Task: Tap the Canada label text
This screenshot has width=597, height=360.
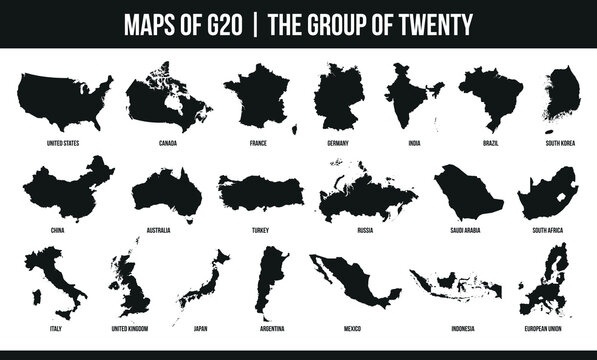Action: (167, 144)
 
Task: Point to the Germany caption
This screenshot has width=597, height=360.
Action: (337, 144)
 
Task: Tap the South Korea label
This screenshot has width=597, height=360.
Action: (559, 144)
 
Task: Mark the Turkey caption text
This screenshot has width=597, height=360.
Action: (260, 230)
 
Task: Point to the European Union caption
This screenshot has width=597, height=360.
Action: (546, 327)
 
